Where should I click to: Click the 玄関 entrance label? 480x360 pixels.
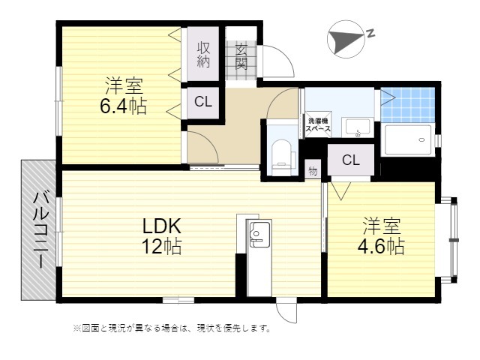pyautogui.click(x=241, y=57)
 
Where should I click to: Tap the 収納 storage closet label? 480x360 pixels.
pyautogui.click(x=203, y=54)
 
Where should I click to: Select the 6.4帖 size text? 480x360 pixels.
pyautogui.click(x=123, y=106)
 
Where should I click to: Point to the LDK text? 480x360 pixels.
pyautogui.click(x=162, y=226)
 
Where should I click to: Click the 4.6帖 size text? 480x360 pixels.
pyautogui.click(x=381, y=245)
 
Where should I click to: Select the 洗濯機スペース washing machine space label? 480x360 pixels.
pyautogui.click(x=318, y=124)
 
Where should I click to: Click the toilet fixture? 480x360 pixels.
pyautogui.click(x=282, y=157)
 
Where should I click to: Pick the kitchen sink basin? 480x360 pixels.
pyautogui.click(x=260, y=234)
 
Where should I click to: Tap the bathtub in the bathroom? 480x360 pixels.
pyautogui.click(x=408, y=139)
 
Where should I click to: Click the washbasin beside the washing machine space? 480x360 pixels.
pyautogui.click(x=358, y=127)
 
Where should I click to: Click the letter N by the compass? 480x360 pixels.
pyautogui.click(x=371, y=33)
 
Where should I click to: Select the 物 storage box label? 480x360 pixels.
pyautogui.click(x=313, y=171)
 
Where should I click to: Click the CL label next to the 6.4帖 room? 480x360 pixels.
pyautogui.click(x=203, y=102)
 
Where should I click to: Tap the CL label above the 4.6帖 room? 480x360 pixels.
pyautogui.click(x=351, y=160)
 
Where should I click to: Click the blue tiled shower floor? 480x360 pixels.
pyautogui.click(x=408, y=105)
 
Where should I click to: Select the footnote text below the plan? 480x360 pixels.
pyautogui.click(x=172, y=328)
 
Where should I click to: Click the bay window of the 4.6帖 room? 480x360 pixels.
pyautogui.click(x=454, y=240)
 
